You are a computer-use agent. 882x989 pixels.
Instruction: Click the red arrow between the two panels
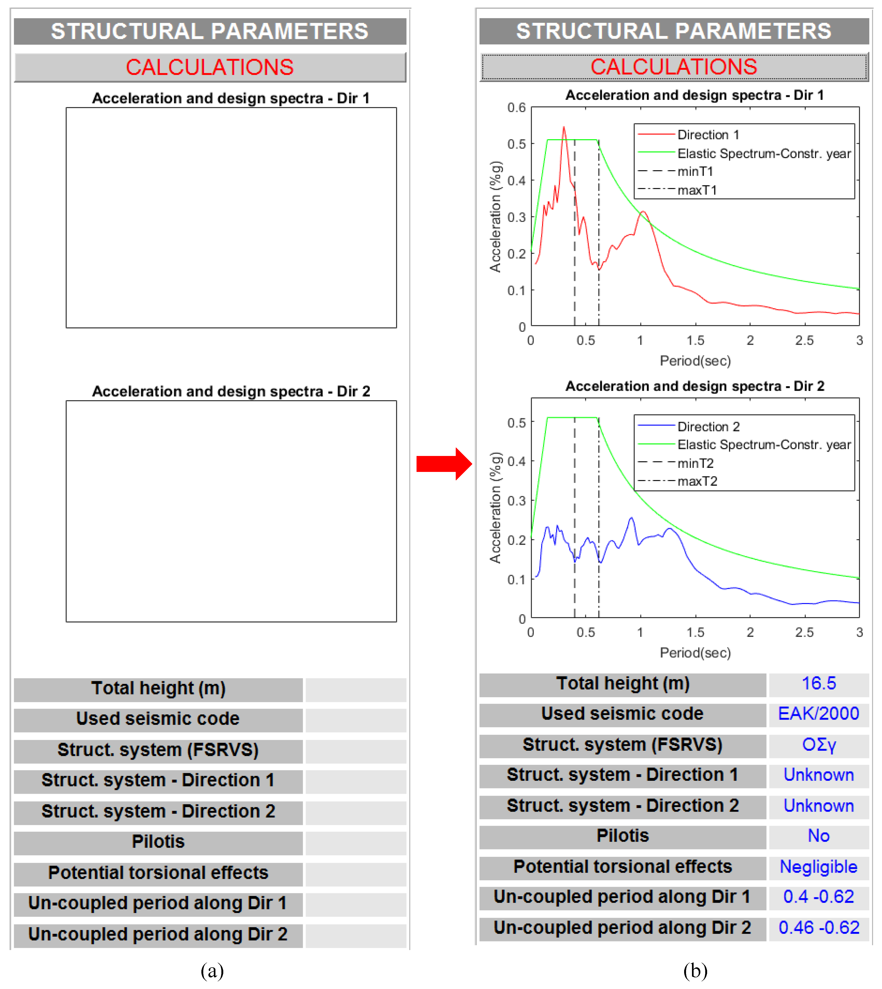pos(443,464)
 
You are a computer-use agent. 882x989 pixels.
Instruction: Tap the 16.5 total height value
pos(818,684)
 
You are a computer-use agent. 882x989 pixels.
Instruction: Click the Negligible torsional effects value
pos(818,867)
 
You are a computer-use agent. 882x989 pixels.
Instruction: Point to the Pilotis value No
pos(818,836)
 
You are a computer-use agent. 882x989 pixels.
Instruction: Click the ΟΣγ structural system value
pos(818,745)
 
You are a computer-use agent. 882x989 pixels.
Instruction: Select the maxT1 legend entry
pos(697,190)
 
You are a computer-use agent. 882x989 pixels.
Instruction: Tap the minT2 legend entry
pos(695,464)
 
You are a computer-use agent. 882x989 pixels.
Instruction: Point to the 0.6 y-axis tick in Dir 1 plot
pos(517,108)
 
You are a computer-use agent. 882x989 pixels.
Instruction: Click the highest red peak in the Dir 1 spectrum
pos(564,127)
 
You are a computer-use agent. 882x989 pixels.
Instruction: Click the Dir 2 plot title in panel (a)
pos(231,391)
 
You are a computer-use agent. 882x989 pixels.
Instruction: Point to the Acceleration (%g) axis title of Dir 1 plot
pos(495,217)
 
